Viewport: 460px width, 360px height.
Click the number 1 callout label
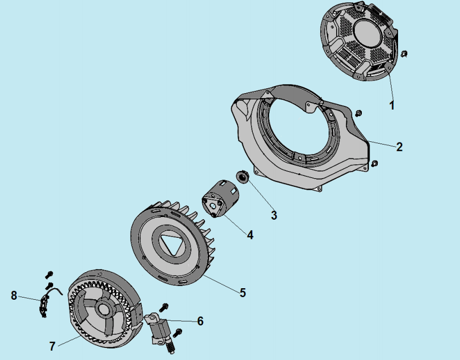392,105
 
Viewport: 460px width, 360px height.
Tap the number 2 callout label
399,147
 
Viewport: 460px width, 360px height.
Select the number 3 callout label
274,215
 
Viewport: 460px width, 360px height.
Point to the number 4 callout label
250,235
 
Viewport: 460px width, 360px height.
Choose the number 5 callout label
243,293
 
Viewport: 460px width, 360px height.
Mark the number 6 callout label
200,321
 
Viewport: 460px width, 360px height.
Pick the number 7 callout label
52,346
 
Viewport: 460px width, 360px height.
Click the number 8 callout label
14,295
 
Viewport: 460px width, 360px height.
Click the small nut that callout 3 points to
243,177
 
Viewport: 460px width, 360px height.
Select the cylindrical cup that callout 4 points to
220,199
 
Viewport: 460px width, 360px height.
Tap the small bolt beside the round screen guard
404,54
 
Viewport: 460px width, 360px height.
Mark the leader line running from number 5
222,283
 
